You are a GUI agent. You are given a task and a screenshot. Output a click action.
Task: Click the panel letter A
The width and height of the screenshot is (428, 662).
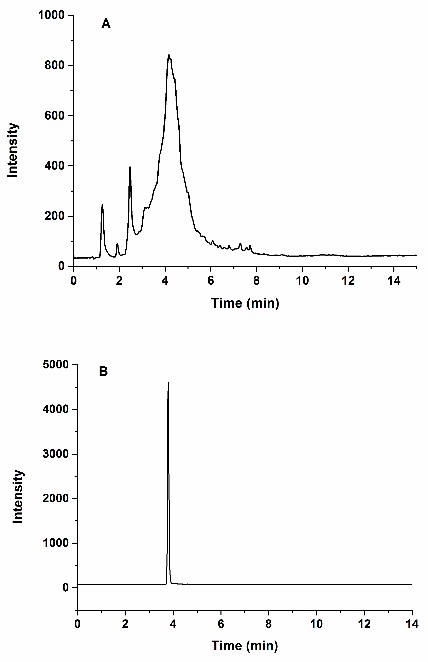pyautogui.click(x=106, y=24)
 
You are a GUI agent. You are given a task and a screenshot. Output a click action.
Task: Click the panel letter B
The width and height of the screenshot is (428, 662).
pyautogui.click(x=103, y=372)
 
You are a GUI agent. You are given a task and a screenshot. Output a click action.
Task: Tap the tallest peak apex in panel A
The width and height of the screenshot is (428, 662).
pyautogui.click(x=169, y=55)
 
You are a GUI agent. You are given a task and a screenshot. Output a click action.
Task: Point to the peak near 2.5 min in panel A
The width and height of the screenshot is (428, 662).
pyautogui.click(x=130, y=168)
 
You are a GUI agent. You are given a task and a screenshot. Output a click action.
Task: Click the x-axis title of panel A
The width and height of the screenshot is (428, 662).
pyautogui.click(x=245, y=303)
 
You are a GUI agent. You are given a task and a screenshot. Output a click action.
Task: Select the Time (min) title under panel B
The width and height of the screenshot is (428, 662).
pyautogui.click(x=245, y=646)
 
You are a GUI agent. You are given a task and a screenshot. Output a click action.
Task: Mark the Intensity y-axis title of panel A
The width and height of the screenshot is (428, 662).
pyautogui.click(x=13, y=150)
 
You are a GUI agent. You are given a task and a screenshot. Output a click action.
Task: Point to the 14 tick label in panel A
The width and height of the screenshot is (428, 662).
pyautogui.click(x=394, y=281)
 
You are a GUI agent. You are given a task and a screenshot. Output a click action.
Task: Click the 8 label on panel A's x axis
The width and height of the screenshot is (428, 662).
pyautogui.click(x=256, y=281)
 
